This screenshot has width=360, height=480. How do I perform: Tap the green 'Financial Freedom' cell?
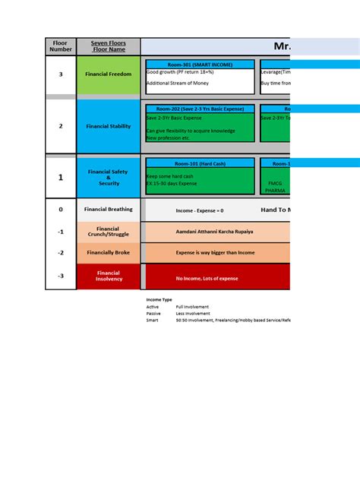[x=109, y=74]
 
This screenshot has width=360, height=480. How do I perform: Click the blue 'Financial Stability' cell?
[x=109, y=126]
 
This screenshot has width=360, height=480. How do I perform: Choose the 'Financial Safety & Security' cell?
[x=109, y=177]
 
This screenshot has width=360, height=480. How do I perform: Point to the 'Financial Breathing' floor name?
[x=109, y=209]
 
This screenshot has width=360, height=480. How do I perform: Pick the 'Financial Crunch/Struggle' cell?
[x=109, y=232]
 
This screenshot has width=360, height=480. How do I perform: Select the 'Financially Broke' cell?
[x=109, y=252]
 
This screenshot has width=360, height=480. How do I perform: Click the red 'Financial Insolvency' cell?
[x=109, y=276]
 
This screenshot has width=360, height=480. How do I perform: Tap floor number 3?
[x=61, y=74]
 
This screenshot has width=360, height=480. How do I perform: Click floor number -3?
[x=61, y=276]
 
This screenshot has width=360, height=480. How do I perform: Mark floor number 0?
[x=61, y=209]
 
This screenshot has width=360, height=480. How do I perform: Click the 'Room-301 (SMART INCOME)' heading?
[x=200, y=65]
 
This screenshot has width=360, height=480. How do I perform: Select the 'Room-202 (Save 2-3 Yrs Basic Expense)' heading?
[x=200, y=109]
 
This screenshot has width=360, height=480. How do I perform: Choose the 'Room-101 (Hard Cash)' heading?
[x=200, y=163]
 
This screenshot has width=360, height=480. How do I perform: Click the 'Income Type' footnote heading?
[x=159, y=300]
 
